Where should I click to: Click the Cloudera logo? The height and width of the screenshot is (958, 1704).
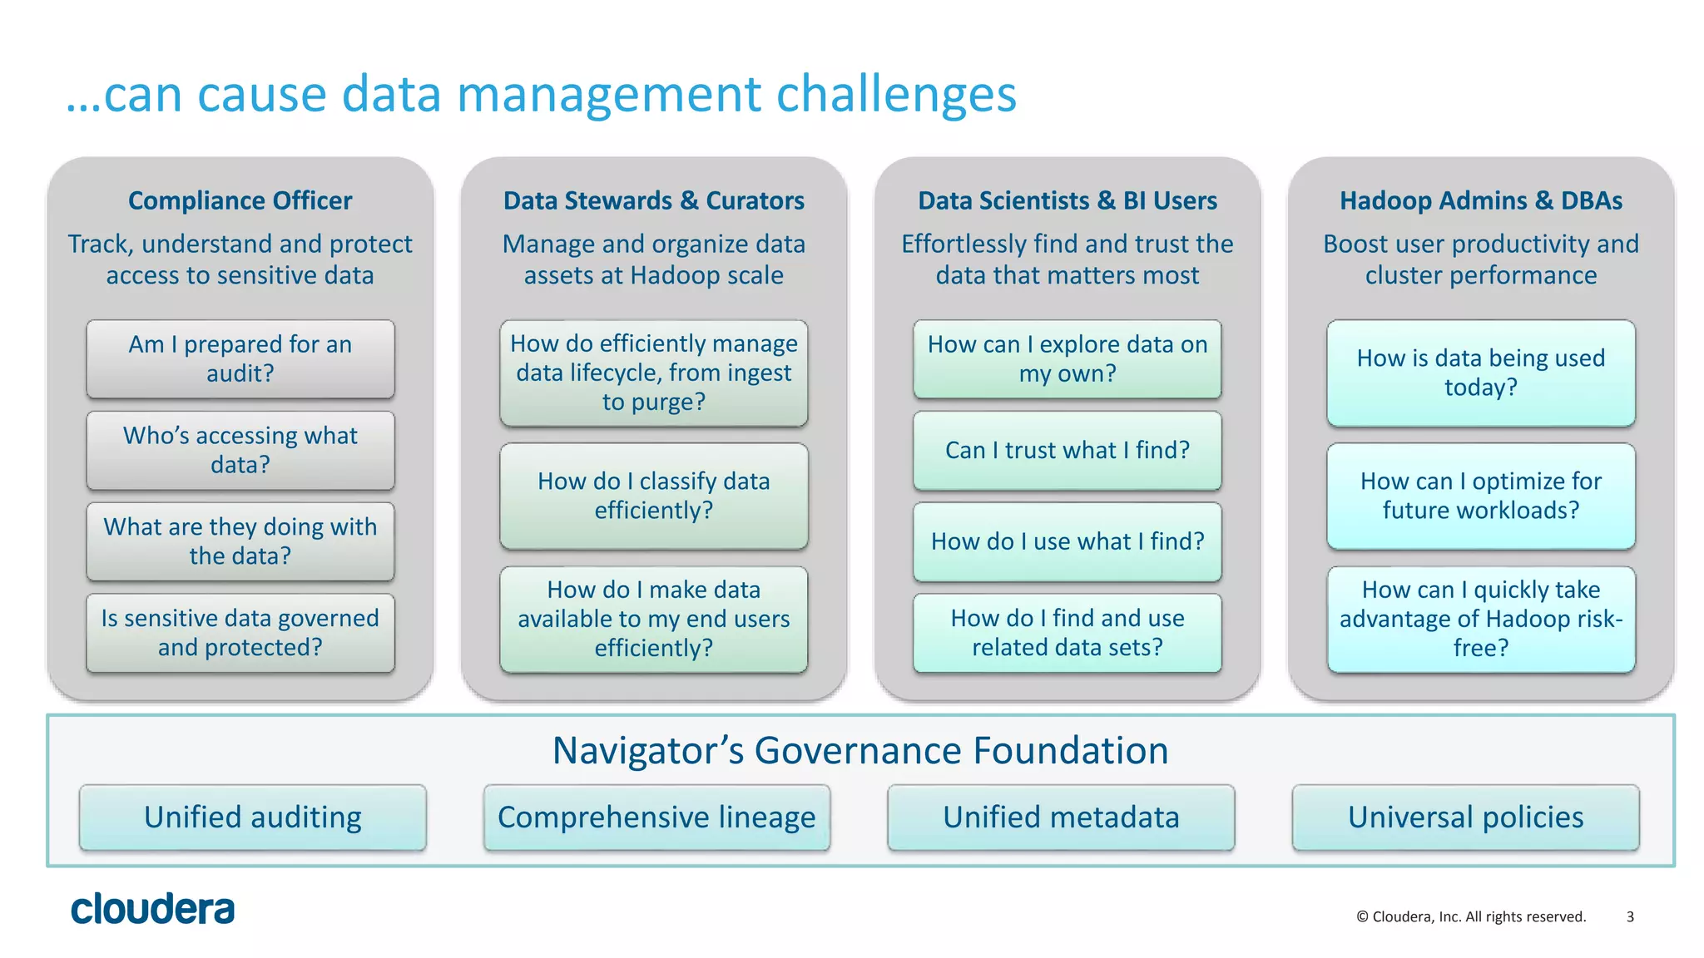(152, 909)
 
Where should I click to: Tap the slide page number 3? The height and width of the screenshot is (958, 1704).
(1630, 916)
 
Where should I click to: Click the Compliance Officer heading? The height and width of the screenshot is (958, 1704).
(240, 200)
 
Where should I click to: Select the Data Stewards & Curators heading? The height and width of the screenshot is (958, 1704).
(653, 200)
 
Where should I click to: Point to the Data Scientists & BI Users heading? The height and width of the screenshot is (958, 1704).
(1067, 200)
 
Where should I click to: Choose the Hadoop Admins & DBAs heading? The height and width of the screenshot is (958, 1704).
(1480, 200)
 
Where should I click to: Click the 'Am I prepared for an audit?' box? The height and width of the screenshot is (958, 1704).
(240, 358)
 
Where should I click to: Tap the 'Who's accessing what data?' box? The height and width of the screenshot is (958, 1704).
(240, 450)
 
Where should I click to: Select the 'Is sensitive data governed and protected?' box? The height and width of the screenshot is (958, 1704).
(240, 632)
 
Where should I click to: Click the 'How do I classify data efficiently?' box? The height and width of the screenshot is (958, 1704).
(653, 496)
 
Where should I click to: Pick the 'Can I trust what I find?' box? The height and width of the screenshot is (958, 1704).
(1067, 450)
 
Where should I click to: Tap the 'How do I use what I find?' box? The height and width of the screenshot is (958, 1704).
(1067, 541)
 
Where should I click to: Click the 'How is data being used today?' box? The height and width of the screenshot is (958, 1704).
(1480, 373)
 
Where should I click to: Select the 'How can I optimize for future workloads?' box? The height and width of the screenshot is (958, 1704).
(1480, 496)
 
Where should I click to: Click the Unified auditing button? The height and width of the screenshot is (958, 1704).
(253, 817)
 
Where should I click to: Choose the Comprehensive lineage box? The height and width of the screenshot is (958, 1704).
(656, 817)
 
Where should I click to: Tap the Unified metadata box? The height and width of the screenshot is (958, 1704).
(1061, 817)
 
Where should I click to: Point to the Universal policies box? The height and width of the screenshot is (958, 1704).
(1465, 817)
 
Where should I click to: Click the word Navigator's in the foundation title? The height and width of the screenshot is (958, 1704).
(647, 750)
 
